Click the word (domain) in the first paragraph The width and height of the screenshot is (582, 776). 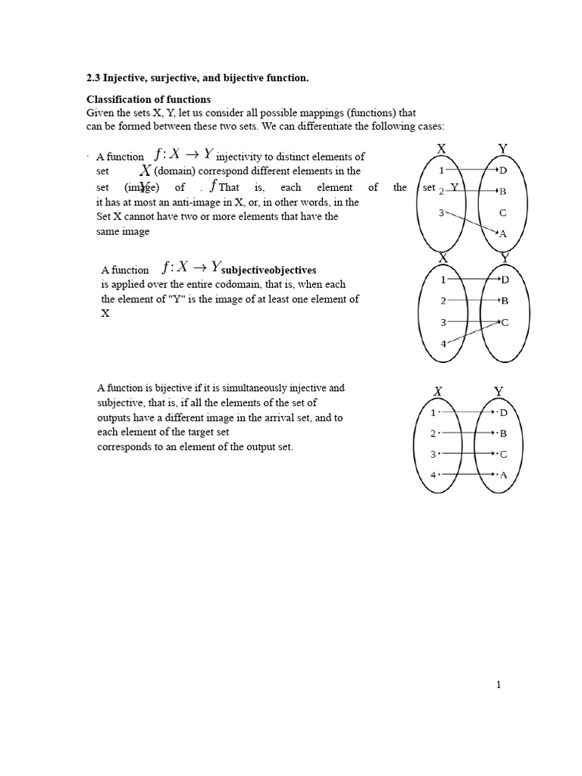176,171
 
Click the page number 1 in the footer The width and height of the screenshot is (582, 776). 499,685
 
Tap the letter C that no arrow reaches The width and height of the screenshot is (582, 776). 502,213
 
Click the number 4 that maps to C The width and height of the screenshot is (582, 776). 443,343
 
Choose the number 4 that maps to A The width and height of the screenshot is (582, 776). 433,475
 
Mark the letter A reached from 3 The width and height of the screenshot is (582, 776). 502,234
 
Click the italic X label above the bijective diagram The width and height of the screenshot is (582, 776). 437,392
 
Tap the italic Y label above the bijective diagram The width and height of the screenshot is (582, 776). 498,392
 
